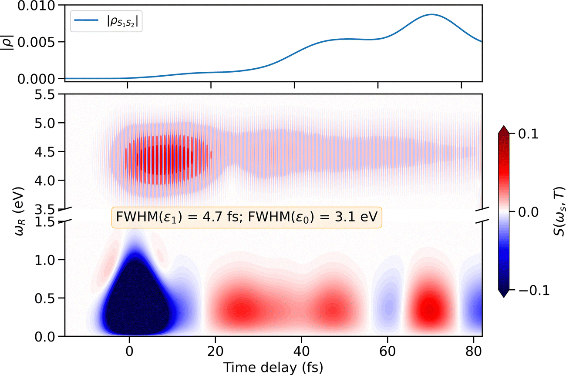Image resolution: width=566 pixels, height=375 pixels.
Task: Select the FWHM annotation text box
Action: pyautogui.click(x=246, y=217)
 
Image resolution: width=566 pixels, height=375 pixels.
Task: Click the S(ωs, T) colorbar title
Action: pyautogui.click(x=557, y=211)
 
